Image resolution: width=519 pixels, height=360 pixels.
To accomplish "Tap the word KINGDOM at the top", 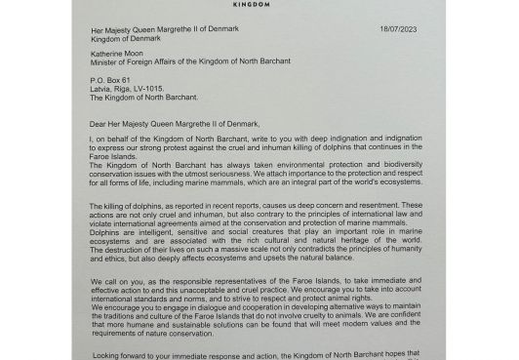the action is pos(259,3).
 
